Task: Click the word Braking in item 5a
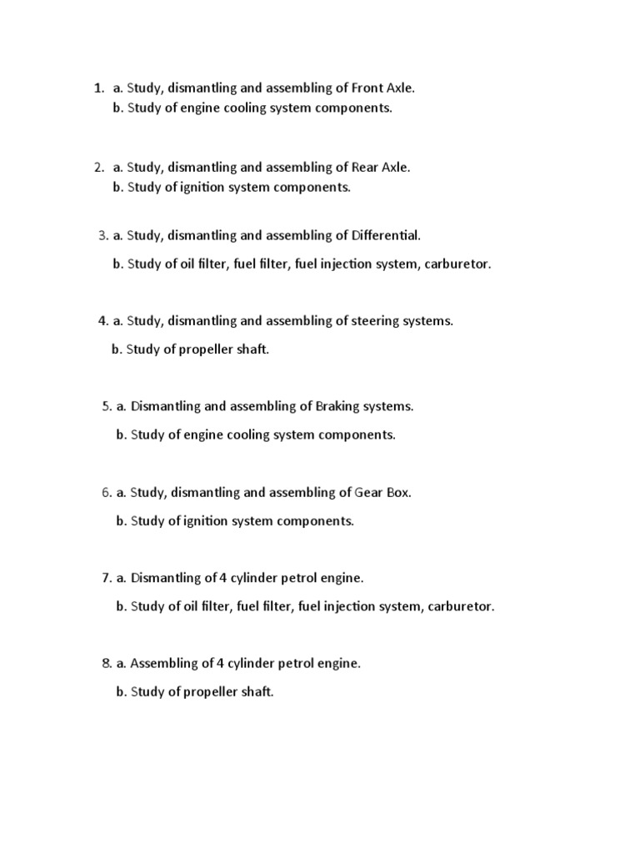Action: tap(337, 406)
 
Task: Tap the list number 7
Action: tap(106, 578)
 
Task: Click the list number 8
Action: tap(106, 664)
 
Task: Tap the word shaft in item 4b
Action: tap(252, 349)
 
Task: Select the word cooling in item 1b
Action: tap(245, 108)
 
